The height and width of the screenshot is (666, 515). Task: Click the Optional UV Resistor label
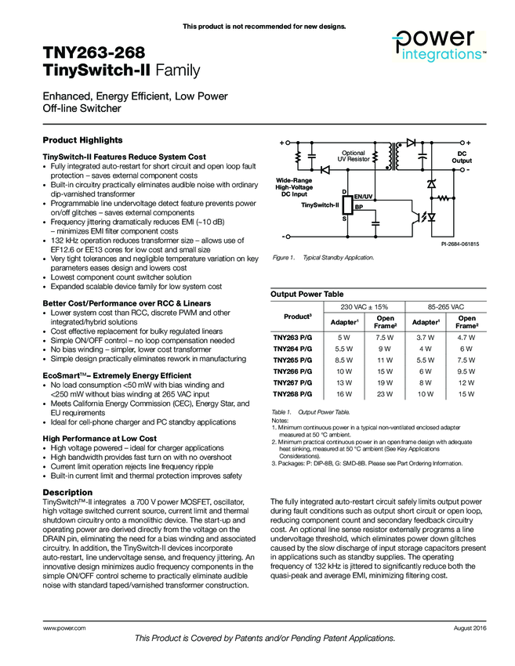tap(354, 156)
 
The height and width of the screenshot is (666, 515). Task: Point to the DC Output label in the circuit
tap(462, 157)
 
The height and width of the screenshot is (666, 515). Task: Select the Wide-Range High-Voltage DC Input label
tap(294, 186)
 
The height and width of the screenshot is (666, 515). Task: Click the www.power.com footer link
tap(64, 629)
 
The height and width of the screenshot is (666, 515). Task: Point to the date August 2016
tap(470, 629)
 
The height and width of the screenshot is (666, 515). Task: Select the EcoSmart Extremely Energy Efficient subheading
tap(112, 375)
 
